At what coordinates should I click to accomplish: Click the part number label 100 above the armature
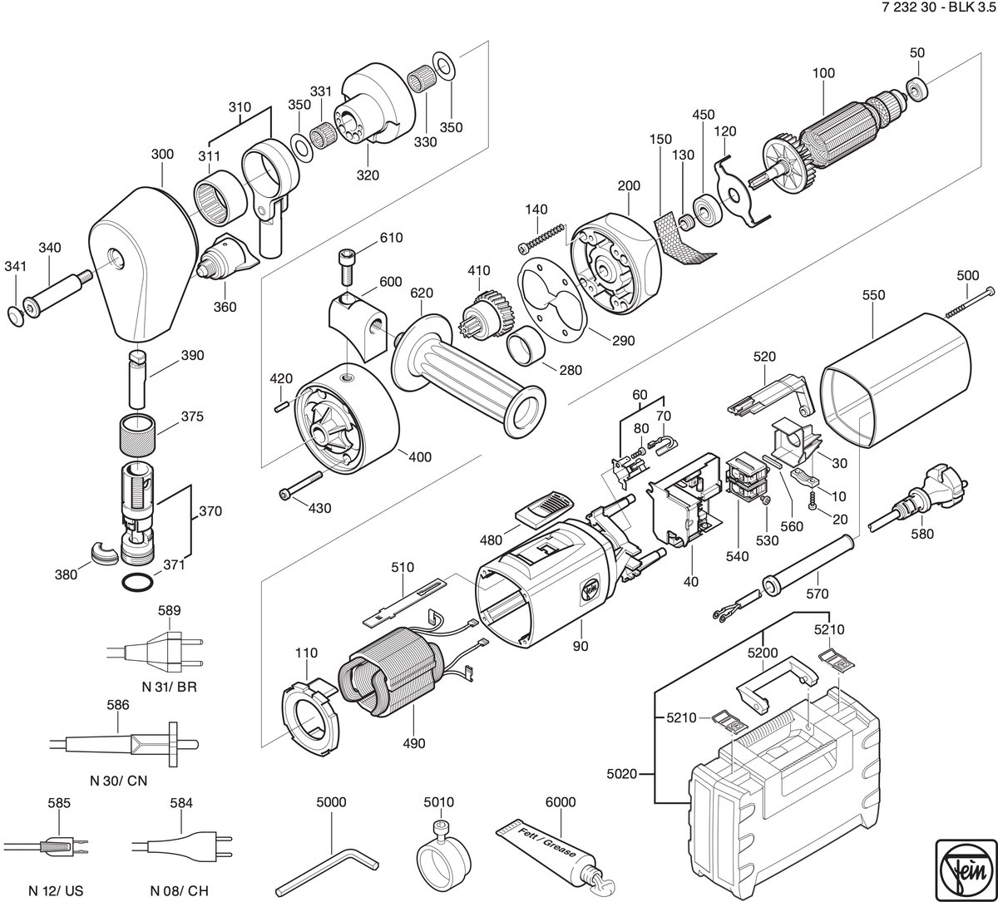[x=823, y=73]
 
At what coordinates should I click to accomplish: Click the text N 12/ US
[x=56, y=890]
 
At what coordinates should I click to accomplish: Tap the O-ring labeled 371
[x=136, y=581]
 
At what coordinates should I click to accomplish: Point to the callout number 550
[x=873, y=295]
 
